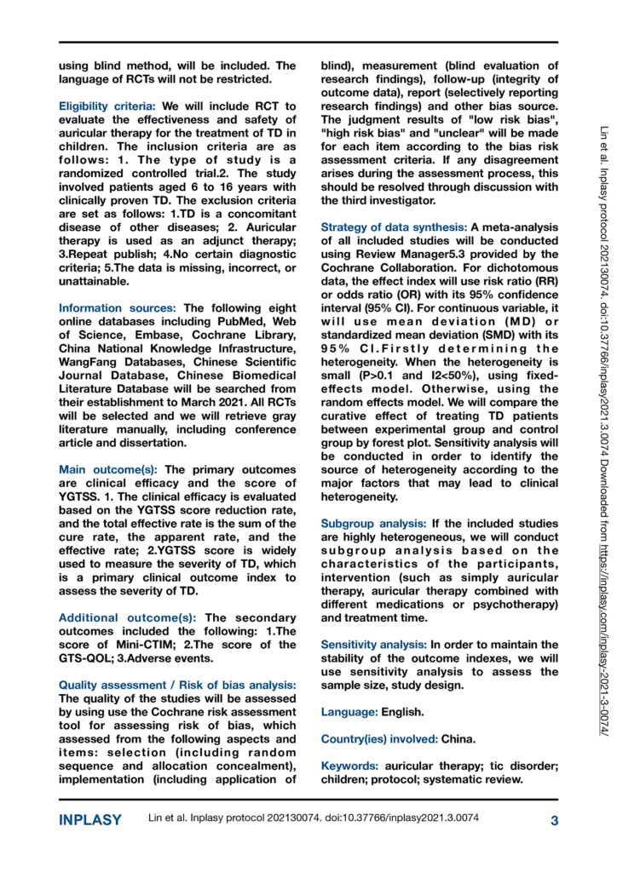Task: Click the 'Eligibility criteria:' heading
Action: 106,106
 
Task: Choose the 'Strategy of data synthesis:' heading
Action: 391,227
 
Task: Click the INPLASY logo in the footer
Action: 89,821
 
